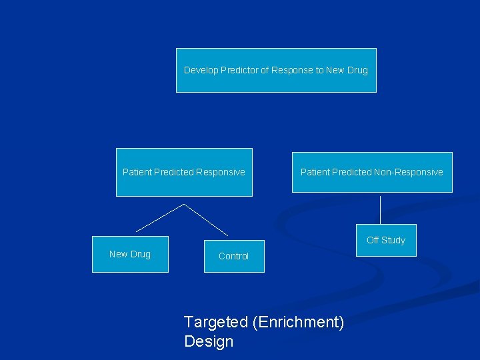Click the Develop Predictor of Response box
(276, 70)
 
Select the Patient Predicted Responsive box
(184, 172)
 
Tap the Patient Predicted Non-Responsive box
(372, 172)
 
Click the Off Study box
(386, 240)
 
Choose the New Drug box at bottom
(130, 254)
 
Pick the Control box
(233, 256)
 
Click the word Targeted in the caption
(215, 322)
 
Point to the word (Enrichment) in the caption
(299, 322)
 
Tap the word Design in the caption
(209, 341)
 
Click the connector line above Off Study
(381, 210)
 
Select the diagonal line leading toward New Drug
(160, 217)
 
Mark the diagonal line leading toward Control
(206, 219)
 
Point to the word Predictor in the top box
(241, 70)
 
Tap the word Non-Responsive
(408, 172)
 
